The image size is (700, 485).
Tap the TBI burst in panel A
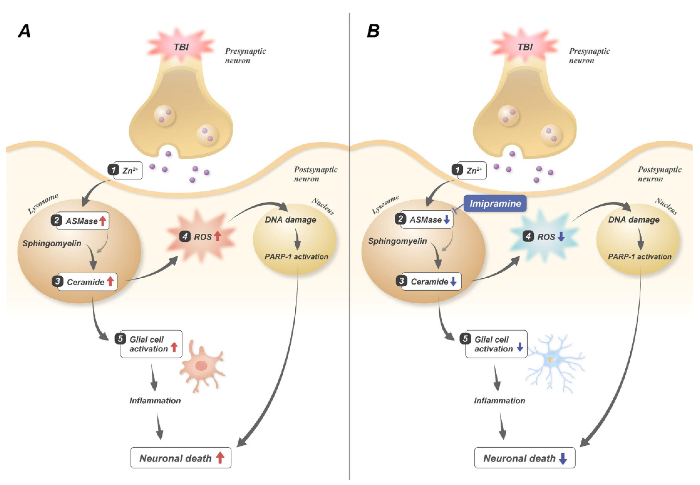(x=181, y=46)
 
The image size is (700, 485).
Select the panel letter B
(x=373, y=31)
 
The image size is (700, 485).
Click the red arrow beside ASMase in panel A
(x=102, y=221)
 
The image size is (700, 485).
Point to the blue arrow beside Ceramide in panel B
(x=453, y=281)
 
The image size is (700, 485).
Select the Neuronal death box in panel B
(x=525, y=458)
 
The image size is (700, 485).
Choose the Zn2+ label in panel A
(x=130, y=170)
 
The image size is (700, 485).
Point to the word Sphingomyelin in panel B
(x=397, y=241)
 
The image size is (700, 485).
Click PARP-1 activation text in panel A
(x=296, y=257)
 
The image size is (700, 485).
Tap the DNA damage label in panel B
(x=634, y=220)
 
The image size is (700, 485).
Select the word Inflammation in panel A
(x=155, y=400)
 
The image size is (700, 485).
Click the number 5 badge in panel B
(x=465, y=338)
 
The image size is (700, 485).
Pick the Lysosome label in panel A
(x=43, y=204)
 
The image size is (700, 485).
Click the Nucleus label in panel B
(x=666, y=206)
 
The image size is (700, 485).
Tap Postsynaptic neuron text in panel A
(x=315, y=174)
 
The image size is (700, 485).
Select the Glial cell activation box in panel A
(x=151, y=344)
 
